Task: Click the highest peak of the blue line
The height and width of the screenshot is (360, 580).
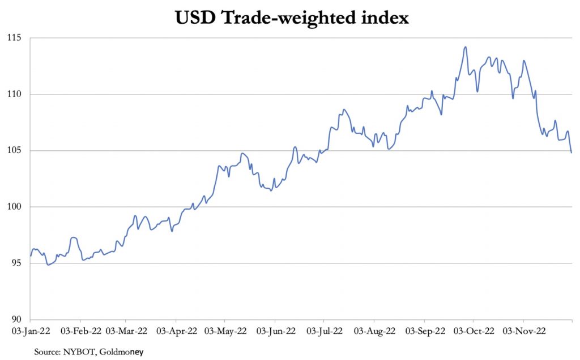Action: click(465, 47)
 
